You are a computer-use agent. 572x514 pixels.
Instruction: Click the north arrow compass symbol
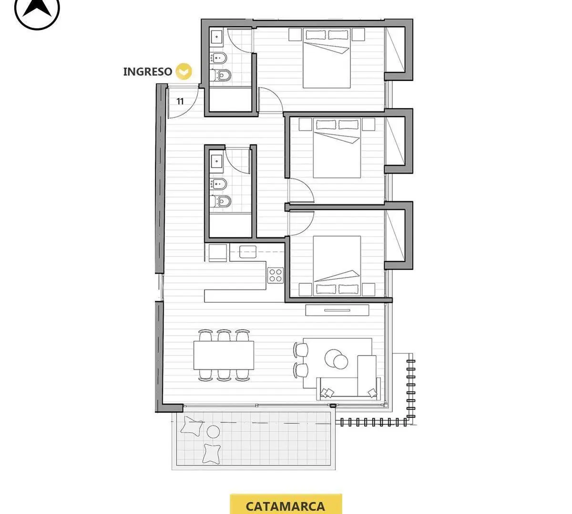37,11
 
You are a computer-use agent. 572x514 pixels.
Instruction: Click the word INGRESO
148,72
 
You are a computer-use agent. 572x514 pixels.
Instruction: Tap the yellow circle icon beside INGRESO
184,71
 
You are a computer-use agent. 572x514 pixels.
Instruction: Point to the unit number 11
180,101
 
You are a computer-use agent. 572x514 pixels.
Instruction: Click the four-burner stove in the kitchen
276,275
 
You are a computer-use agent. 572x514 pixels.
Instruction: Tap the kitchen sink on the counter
247,252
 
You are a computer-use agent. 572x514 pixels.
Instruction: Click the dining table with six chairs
224,355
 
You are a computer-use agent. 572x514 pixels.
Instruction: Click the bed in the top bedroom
327,58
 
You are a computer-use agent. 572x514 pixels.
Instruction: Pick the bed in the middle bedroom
337,148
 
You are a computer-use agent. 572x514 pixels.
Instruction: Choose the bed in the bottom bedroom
337,266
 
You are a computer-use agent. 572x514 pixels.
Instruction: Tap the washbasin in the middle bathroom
217,162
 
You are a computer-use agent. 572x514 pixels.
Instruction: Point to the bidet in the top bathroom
219,58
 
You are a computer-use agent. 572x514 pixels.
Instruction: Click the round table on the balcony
213,431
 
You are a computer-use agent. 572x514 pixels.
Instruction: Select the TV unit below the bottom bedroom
337,310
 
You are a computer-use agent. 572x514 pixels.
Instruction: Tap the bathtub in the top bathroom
230,99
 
